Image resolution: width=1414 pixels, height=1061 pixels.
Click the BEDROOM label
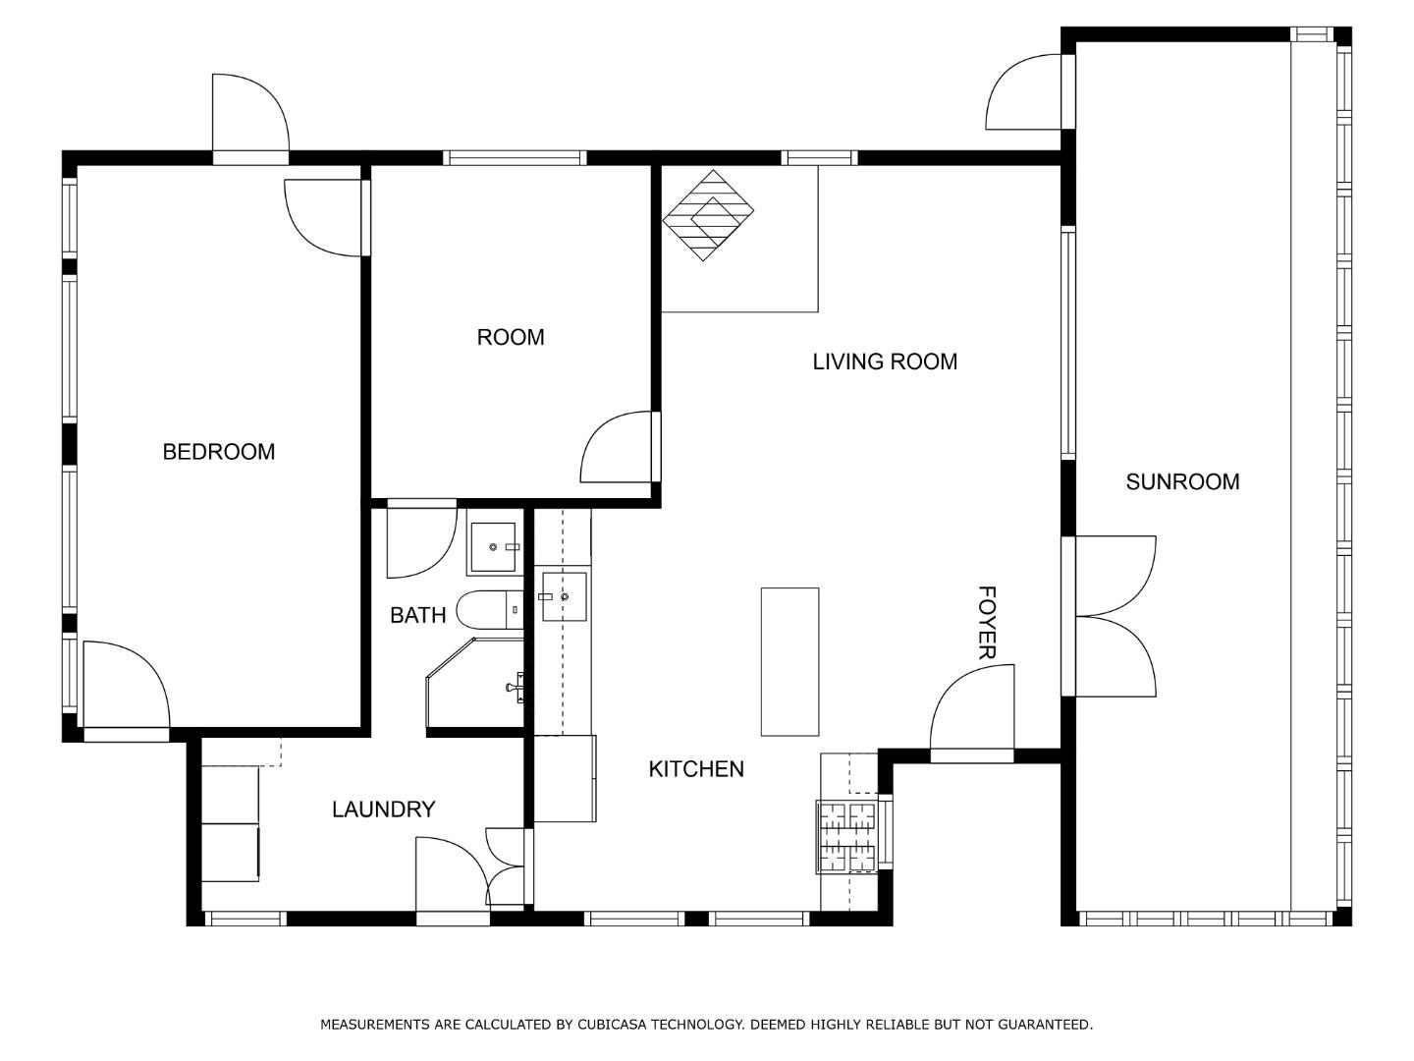tap(218, 452)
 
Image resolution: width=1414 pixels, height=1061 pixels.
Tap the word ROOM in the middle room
tap(510, 337)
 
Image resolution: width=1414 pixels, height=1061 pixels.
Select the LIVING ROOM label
tap(884, 362)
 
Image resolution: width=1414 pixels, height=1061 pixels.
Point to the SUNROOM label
tap(1181, 481)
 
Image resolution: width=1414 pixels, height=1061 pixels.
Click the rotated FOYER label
tap(987, 623)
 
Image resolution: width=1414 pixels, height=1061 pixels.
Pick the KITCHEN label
tap(696, 769)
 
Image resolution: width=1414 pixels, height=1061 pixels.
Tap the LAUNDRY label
tap(383, 810)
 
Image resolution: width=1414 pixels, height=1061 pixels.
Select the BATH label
tap(417, 615)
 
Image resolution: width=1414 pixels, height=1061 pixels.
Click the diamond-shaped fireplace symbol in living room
tap(708, 215)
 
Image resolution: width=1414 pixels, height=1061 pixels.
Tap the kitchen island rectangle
tap(789, 661)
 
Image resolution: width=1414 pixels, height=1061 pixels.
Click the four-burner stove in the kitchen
tap(847, 837)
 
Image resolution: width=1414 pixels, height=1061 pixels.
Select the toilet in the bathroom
tap(489, 610)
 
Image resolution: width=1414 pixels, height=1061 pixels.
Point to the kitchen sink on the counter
tap(564, 596)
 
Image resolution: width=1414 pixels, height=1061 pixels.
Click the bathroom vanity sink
tap(494, 547)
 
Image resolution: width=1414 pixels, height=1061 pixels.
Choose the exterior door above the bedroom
tap(249, 115)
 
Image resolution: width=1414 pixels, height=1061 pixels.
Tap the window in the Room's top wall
tap(514, 157)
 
